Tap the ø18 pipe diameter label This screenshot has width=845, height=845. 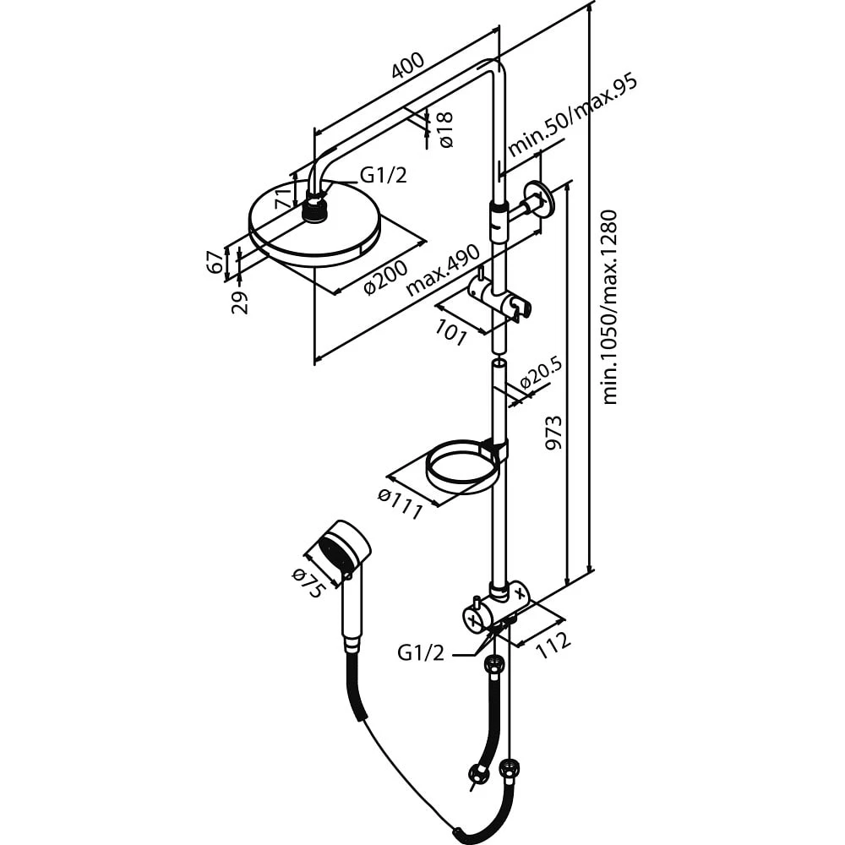(446, 129)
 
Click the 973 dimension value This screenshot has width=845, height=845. (553, 433)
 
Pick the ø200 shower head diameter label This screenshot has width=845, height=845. (385, 276)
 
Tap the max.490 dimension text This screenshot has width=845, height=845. (442, 270)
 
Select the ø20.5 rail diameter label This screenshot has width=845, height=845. (540, 373)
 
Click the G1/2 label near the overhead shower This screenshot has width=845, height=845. (384, 175)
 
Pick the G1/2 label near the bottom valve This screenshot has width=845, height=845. (421, 652)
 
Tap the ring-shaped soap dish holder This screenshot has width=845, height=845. (461, 465)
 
